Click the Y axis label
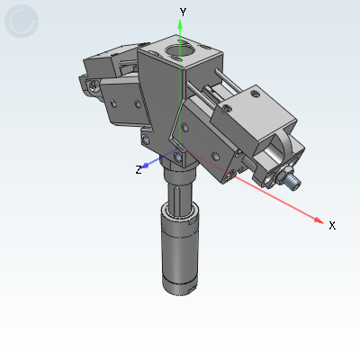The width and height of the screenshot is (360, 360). (183, 11)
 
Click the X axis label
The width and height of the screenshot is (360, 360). (332, 225)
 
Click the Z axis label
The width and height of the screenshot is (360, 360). (139, 169)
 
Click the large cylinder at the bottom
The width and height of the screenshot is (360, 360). (180, 252)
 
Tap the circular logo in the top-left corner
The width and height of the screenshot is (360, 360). (21, 21)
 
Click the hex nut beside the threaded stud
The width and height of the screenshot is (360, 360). (282, 172)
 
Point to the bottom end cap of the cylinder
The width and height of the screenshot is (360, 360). (180, 286)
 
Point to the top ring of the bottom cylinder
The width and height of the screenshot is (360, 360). (179, 212)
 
